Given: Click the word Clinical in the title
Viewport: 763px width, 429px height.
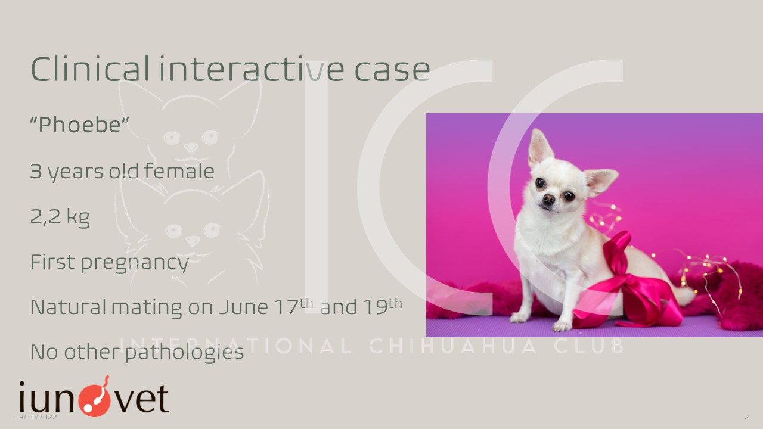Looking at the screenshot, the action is click(x=90, y=69).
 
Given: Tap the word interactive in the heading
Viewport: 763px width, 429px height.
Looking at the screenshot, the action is click(x=252, y=69).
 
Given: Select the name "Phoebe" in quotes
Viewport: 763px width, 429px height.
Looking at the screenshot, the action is click(x=79, y=125).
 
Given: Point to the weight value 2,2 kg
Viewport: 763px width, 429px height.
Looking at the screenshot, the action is click(x=60, y=216).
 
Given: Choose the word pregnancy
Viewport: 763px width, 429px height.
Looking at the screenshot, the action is click(x=135, y=263).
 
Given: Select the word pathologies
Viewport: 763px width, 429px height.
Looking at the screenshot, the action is click(x=185, y=352).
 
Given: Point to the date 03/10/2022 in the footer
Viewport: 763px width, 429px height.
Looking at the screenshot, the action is click(x=35, y=417).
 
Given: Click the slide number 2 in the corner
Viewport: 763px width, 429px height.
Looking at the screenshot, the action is click(x=747, y=417).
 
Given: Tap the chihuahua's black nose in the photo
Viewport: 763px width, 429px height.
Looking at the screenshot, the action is click(x=548, y=198).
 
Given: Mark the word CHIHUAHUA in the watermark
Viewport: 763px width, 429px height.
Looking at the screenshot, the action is click(x=454, y=346).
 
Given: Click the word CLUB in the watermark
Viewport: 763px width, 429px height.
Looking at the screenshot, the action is click(x=590, y=346).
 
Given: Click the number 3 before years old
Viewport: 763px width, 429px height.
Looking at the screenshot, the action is click(x=36, y=171).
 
